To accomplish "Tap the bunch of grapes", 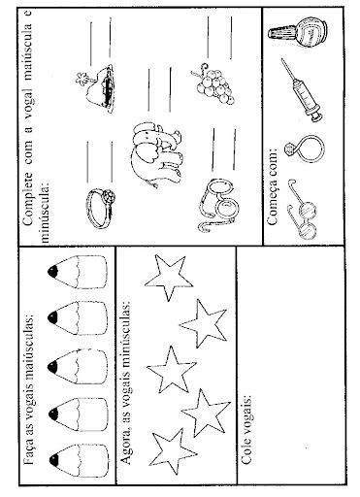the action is pyautogui.click(x=214, y=84).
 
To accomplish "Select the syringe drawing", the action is pyautogui.click(x=303, y=90).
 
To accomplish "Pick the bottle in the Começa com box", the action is pyautogui.click(x=298, y=32).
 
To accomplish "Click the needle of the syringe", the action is pyautogui.click(x=288, y=71).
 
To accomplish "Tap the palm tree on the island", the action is pyautogui.click(x=84, y=79).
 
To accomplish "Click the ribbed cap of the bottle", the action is pyautogui.click(x=280, y=33).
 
